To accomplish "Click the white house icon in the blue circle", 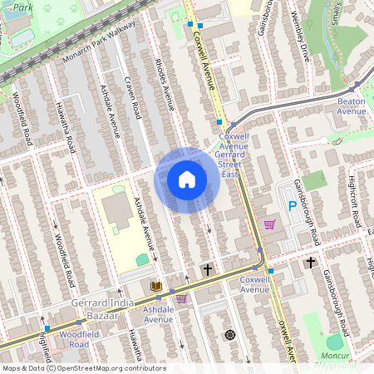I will click(187, 180).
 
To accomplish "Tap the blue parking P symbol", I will click(292, 205).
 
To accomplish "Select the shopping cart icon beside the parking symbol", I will click(269, 224).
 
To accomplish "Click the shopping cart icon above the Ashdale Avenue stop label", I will click(181, 298).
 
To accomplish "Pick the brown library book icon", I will click(155, 286).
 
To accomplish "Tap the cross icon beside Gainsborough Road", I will click(311, 263).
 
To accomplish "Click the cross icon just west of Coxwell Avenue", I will click(207, 270).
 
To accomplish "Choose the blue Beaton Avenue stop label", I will click(351, 106).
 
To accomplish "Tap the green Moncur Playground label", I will click(337, 361).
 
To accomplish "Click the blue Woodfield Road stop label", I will click(74, 338).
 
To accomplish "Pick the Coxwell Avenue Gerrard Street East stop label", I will click(234, 150).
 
